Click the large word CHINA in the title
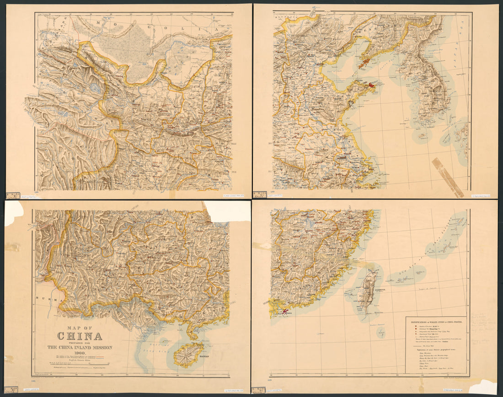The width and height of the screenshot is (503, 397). (x=80, y=337)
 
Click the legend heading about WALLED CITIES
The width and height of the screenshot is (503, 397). (x=436, y=322)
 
